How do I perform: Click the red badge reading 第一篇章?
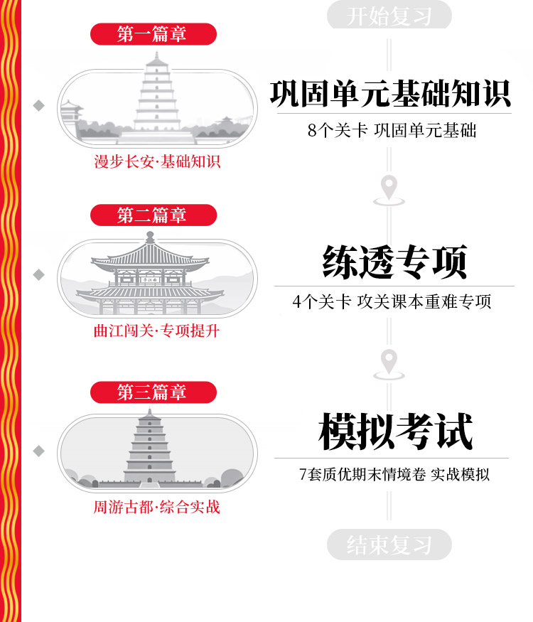152,34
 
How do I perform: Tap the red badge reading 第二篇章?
152,215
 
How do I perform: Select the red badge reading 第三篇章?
152,392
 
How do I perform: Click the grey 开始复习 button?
389,16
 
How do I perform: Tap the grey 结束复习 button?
389,545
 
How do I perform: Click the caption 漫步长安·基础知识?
157,162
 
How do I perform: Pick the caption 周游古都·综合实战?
156,508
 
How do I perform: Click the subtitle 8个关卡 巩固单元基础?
392,131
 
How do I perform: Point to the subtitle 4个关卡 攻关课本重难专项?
392,301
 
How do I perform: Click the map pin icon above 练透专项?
389,189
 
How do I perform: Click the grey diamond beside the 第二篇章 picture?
39,274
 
